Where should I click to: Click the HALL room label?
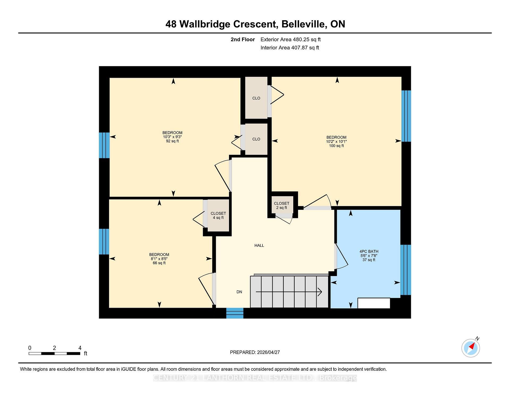(259, 245)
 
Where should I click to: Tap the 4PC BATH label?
(369, 251)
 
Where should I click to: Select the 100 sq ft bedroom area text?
(336, 146)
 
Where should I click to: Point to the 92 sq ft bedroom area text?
(172, 141)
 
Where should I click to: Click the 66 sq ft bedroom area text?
(159, 263)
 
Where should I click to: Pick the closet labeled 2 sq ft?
(282, 205)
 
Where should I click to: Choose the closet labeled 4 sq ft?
(218, 215)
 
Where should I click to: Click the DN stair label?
(239, 292)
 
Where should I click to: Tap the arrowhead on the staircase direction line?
(320, 292)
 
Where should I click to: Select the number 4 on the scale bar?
(80, 348)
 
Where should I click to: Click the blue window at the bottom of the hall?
(235, 313)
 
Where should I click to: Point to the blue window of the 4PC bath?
(406, 270)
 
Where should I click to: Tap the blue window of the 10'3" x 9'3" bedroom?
(104, 145)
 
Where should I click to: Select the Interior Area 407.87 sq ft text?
(290, 48)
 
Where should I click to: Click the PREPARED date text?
(255, 352)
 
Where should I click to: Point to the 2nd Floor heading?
(243, 39)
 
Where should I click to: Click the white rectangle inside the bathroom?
(374, 303)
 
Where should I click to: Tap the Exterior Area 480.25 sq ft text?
(291, 39)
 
